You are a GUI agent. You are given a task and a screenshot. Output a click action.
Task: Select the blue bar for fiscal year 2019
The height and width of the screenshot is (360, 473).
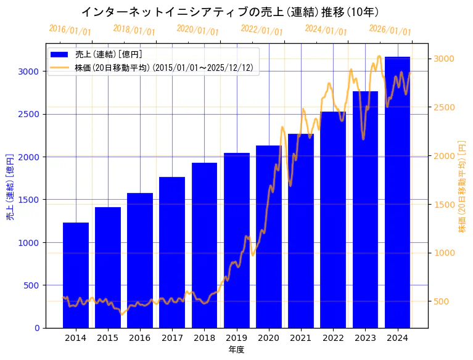tap(237, 240)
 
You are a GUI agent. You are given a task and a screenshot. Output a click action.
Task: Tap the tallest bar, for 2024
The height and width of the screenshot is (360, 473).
tap(397, 192)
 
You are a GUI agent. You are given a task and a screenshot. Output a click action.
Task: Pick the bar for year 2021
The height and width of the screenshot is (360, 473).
tap(301, 231)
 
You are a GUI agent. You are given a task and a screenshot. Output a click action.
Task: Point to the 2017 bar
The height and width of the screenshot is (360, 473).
tap(172, 252)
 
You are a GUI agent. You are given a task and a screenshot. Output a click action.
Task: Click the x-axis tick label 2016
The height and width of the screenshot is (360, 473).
tap(140, 338)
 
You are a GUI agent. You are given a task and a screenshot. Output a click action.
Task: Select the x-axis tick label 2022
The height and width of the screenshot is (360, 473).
tap(333, 338)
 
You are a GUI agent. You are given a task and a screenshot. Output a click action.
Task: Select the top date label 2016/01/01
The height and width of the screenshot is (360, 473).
tap(70, 30)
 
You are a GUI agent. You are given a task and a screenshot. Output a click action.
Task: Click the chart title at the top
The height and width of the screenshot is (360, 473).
tap(230, 12)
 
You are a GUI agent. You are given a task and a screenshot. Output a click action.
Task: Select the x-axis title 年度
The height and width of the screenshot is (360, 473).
tap(236, 350)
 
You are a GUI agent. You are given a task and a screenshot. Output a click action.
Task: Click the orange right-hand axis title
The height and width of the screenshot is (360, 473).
tap(462, 186)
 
